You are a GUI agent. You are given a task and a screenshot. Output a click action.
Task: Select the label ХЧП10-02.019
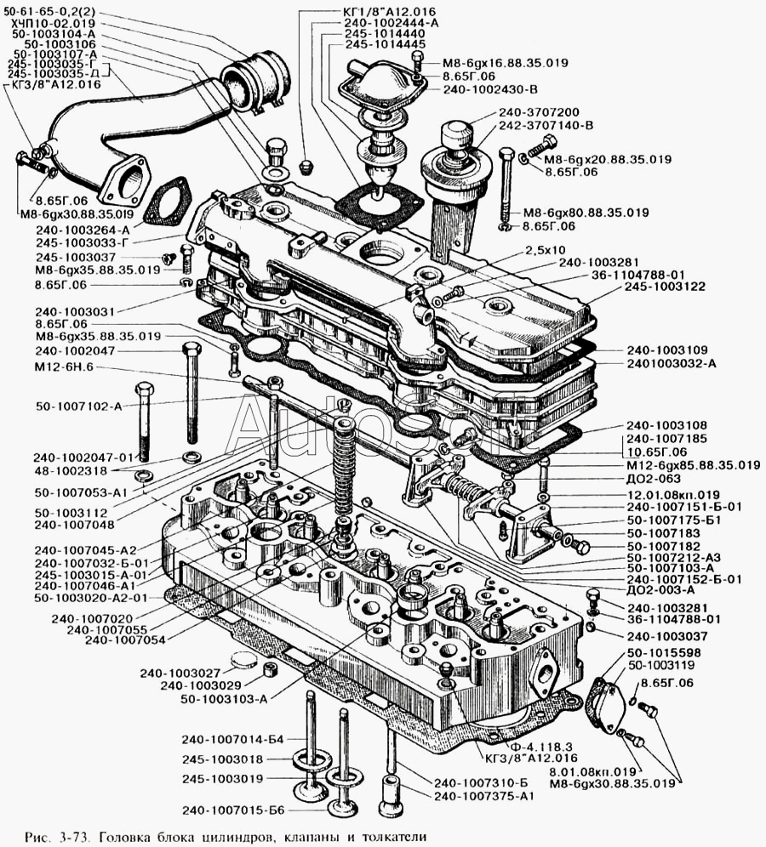50,23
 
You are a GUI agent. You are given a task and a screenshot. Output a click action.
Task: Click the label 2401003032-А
672,363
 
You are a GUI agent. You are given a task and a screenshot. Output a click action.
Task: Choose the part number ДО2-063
654,479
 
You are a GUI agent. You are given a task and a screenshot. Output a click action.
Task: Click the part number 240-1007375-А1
483,796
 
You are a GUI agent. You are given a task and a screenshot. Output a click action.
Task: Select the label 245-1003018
222,759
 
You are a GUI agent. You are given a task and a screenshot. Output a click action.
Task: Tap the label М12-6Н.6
64,367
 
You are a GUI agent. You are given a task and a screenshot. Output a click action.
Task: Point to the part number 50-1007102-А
79,406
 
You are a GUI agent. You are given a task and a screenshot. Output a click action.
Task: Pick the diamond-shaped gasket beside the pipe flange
168,200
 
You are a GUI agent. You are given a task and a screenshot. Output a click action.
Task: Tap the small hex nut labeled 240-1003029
270,669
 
